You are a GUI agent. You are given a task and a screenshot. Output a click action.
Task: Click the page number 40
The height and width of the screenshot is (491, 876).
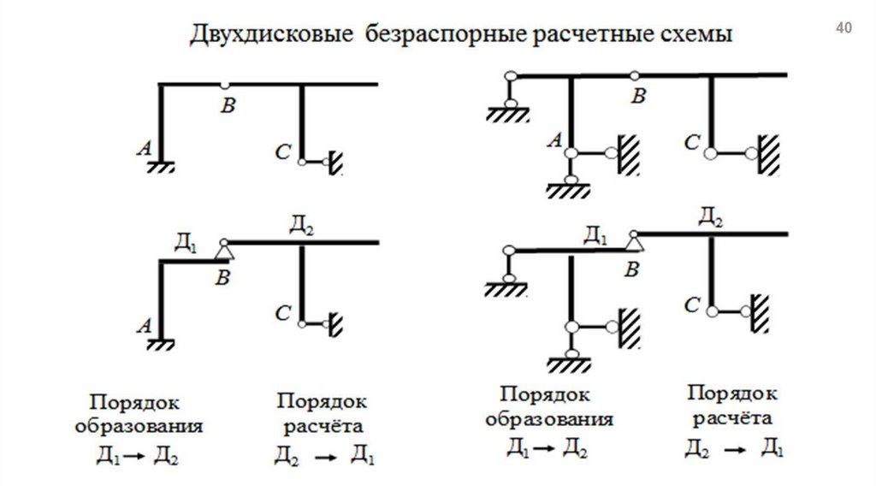pyautogui.click(x=843, y=29)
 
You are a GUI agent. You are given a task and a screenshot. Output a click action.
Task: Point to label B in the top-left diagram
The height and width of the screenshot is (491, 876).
pyautogui.click(x=227, y=106)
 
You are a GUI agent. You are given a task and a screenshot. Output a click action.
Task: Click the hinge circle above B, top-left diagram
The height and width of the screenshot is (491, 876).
pyautogui.click(x=224, y=85)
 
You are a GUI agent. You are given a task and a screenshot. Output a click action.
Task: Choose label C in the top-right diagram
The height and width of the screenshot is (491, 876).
pyautogui.click(x=692, y=142)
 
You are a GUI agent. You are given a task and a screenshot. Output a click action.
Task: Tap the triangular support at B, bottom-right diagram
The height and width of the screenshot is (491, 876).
pyautogui.click(x=634, y=244)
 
